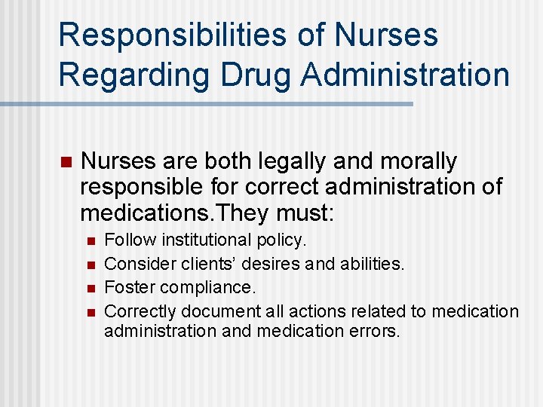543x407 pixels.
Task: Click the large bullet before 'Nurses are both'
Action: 65,162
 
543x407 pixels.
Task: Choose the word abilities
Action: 368,264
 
